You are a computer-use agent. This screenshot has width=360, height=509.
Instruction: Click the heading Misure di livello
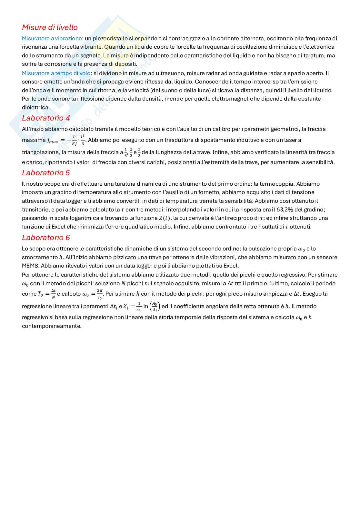click(50, 27)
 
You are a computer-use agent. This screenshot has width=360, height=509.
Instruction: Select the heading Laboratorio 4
click(46, 118)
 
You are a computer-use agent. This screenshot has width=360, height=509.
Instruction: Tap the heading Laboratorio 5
click(46, 173)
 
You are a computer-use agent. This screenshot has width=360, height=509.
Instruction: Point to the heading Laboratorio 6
click(46, 238)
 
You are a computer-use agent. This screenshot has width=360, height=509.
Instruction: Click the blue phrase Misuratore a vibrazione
click(52, 38)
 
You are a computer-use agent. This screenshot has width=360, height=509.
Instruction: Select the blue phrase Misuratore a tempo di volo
click(56, 73)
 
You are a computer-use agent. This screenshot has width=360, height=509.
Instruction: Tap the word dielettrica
click(36, 107)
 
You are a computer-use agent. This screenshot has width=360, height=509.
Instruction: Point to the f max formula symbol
click(53, 141)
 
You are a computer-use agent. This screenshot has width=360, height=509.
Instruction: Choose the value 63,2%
click(285, 210)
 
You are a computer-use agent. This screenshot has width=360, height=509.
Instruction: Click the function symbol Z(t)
click(165, 218)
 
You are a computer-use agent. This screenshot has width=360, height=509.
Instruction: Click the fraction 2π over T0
click(100, 294)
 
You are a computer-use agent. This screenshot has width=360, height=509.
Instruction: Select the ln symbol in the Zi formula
click(145, 306)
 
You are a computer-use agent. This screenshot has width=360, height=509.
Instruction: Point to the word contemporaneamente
click(52, 326)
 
